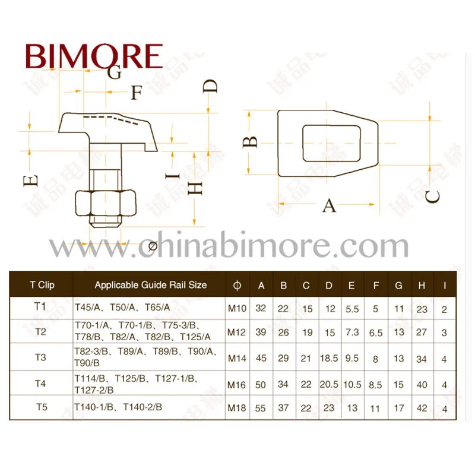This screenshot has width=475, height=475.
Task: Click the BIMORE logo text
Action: click(x=94, y=56)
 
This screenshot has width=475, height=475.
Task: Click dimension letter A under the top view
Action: click(x=329, y=206)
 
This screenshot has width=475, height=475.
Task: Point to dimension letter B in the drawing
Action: click(x=252, y=142)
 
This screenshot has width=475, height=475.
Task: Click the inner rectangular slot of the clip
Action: click(x=332, y=143)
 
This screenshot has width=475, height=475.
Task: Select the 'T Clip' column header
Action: click(x=42, y=285)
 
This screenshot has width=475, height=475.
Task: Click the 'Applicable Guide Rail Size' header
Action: click(x=151, y=285)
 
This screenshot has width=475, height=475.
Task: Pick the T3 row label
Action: click(x=40, y=357)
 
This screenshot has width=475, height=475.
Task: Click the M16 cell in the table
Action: click(x=237, y=385)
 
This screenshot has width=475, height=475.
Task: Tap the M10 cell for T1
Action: click(x=237, y=309)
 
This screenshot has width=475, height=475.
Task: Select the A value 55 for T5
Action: click(x=261, y=408)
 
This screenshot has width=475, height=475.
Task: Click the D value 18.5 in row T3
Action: click(x=329, y=359)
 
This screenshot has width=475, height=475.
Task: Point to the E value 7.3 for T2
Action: click(x=352, y=332)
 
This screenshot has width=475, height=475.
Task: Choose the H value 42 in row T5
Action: click(x=422, y=408)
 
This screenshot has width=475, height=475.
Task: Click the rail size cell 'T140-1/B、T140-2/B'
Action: click(x=118, y=407)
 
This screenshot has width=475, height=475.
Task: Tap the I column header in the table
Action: click(x=445, y=286)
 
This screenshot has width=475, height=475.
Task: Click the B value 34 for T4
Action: click(x=283, y=385)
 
